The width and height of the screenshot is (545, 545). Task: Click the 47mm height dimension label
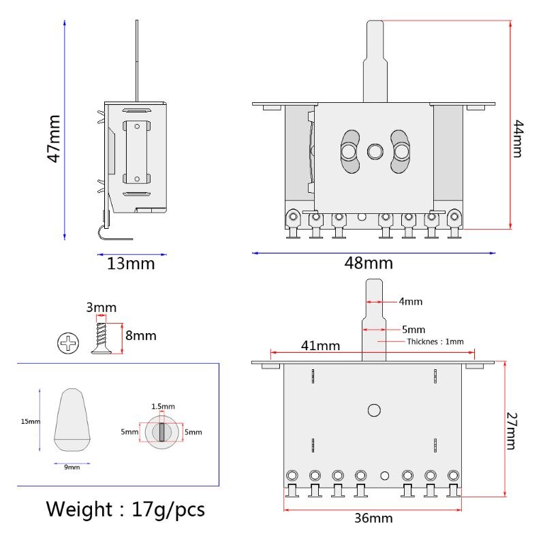click(x=54, y=138)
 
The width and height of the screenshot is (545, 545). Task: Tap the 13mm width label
click(x=131, y=263)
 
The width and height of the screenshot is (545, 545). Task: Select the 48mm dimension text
click(x=369, y=263)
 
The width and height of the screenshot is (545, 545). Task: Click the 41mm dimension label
click(x=320, y=345)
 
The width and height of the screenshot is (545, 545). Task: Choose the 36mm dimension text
click(x=373, y=518)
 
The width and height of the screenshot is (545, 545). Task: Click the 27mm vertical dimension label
click(x=513, y=431)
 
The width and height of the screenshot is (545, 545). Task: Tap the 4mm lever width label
click(x=410, y=301)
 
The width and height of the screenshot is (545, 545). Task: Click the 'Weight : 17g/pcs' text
click(x=125, y=509)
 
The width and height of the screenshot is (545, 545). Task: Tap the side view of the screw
click(x=102, y=338)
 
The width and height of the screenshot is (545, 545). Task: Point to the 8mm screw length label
click(x=140, y=335)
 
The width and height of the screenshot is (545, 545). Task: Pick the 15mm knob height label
click(x=31, y=422)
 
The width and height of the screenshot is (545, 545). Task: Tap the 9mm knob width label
click(x=72, y=467)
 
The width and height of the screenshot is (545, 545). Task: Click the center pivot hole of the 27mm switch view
click(x=374, y=410)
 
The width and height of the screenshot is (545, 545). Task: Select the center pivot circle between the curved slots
click(x=374, y=151)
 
